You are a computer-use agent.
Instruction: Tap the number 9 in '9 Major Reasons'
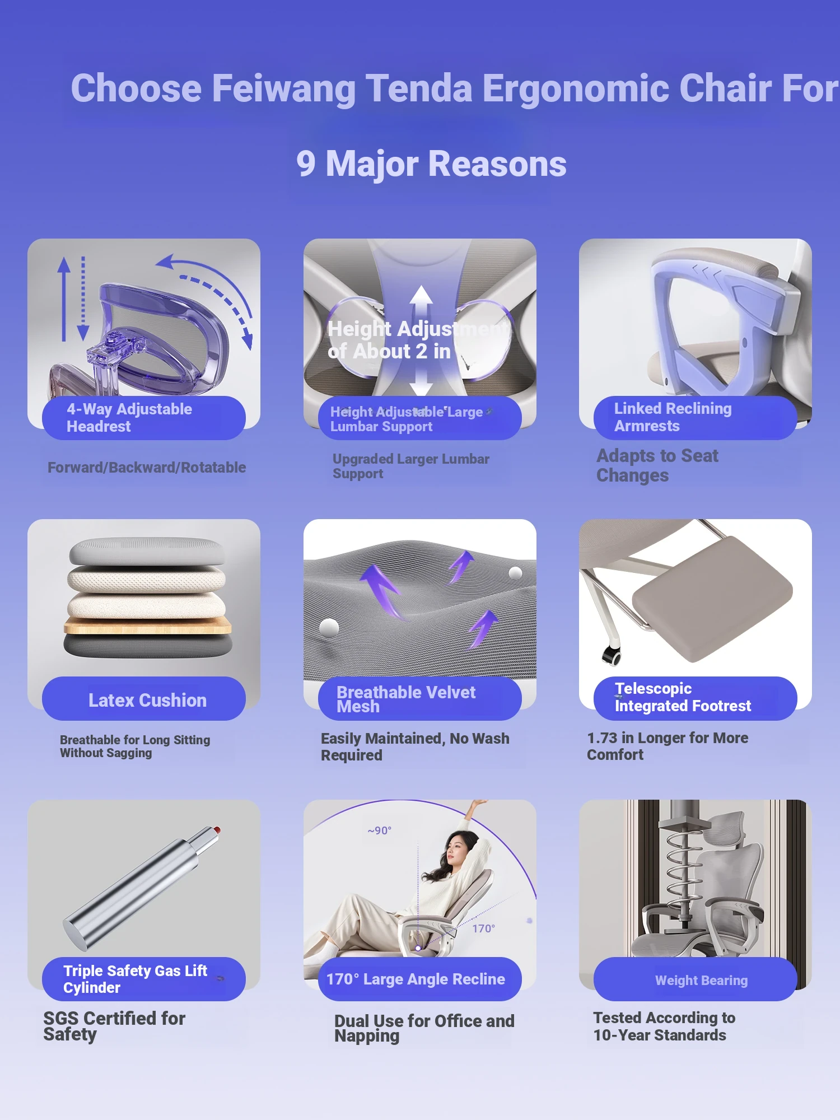click(306, 164)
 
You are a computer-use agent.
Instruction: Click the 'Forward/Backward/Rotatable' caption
click(147, 468)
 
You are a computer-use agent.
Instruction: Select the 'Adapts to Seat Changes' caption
click(657, 465)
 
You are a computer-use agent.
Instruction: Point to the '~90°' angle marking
click(380, 830)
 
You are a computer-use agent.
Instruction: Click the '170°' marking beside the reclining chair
click(483, 928)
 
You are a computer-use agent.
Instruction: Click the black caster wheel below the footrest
click(611, 654)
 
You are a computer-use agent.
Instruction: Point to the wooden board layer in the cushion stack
click(148, 626)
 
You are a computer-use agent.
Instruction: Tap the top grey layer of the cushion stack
click(147, 551)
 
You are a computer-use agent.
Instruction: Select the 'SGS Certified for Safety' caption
click(114, 1026)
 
